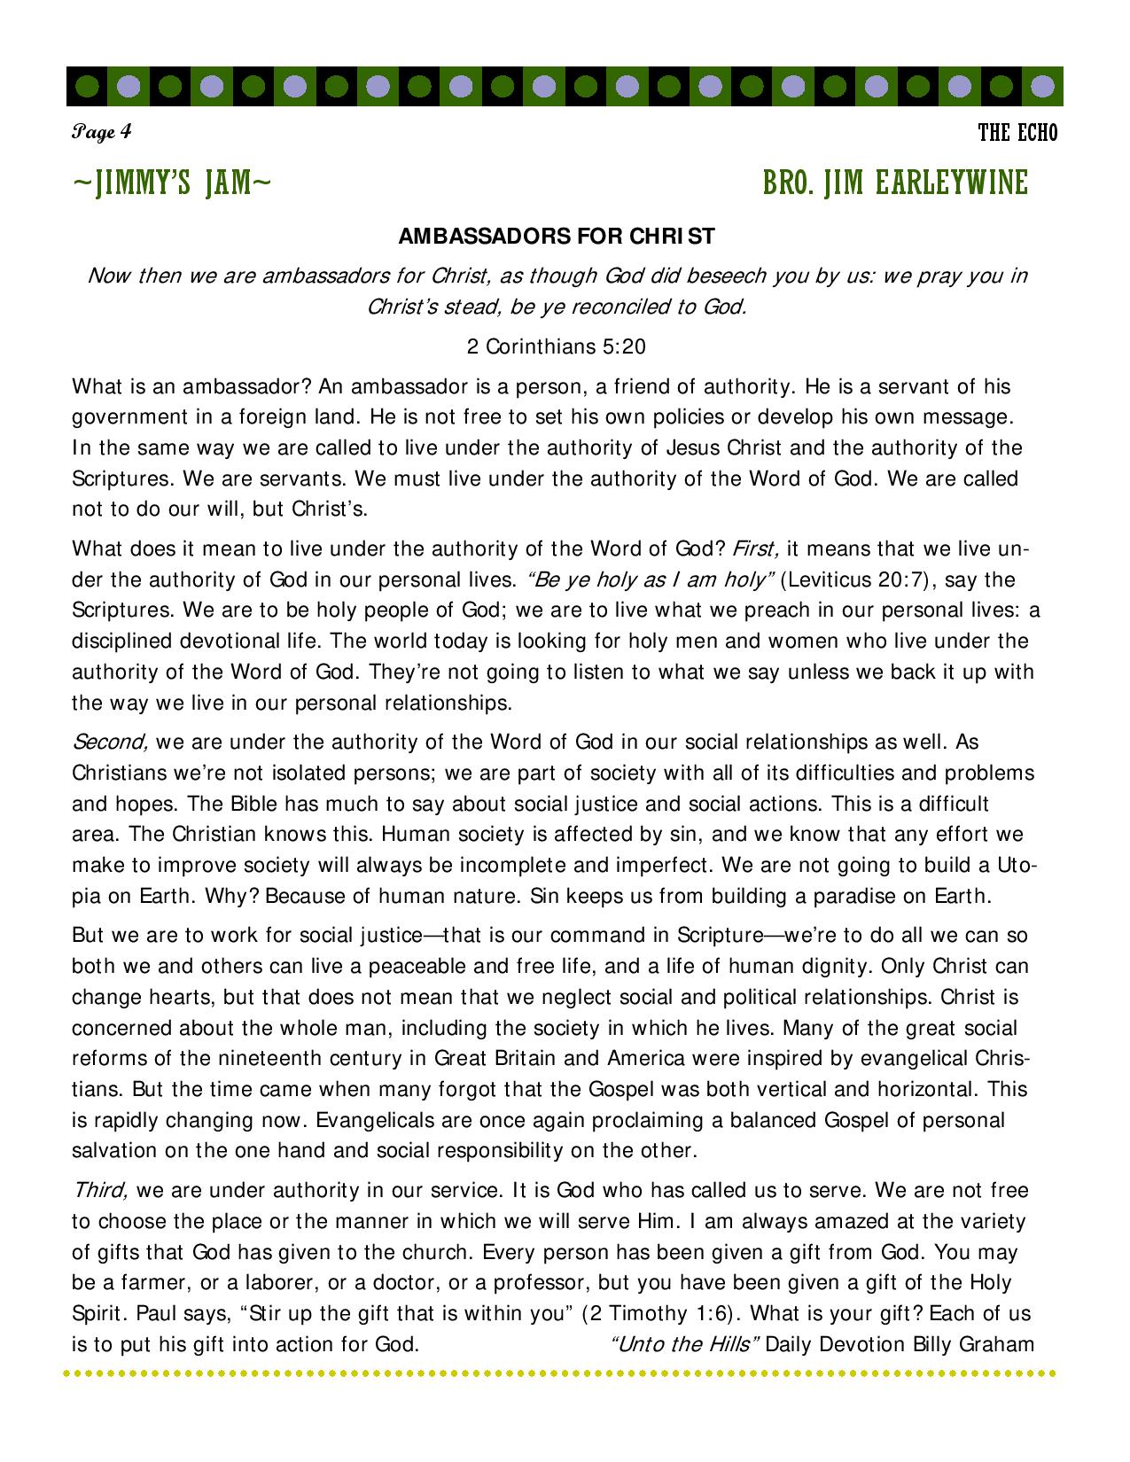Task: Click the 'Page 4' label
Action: tap(102, 132)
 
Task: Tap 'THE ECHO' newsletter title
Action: tap(1017, 134)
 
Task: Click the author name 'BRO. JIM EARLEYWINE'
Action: tap(895, 184)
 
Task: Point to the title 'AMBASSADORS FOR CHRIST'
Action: tap(557, 237)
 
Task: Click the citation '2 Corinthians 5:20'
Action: tap(556, 346)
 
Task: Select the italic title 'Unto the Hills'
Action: tap(685, 1344)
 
